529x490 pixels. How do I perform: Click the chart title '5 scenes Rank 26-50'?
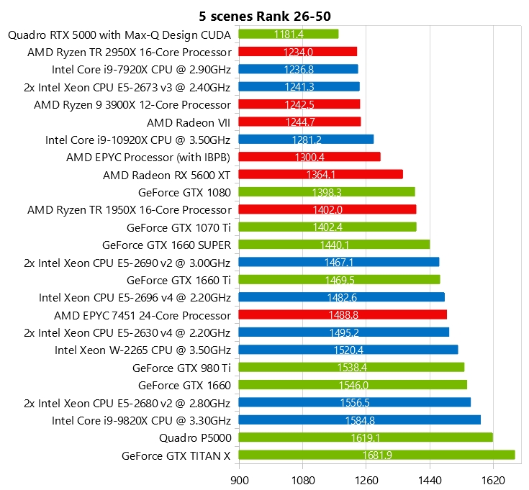click(264, 15)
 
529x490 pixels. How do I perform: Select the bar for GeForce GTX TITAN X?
click(376, 455)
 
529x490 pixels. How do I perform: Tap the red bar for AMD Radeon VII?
click(299, 122)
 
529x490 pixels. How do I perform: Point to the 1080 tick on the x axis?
click(302, 477)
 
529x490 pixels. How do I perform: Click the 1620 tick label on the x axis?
click(493, 477)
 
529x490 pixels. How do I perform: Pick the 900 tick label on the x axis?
click(239, 477)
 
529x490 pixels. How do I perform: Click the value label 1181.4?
click(288, 34)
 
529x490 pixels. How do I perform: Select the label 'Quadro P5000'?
click(195, 437)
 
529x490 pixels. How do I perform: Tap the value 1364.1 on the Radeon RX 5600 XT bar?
click(320, 174)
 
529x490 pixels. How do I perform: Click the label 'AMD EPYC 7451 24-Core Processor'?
click(143, 314)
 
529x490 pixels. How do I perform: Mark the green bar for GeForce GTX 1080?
click(326, 191)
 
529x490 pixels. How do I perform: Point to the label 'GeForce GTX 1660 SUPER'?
click(167, 245)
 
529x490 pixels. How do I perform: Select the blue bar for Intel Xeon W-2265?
click(348, 350)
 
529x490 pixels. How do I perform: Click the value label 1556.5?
click(354, 402)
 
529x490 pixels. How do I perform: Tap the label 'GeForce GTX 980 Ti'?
click(182, 367)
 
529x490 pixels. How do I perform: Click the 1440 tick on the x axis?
click(430, 477)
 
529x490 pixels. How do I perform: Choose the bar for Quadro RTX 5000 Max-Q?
click(288, 34)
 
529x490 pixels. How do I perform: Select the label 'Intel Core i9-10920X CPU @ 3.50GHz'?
click(138, 140)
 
